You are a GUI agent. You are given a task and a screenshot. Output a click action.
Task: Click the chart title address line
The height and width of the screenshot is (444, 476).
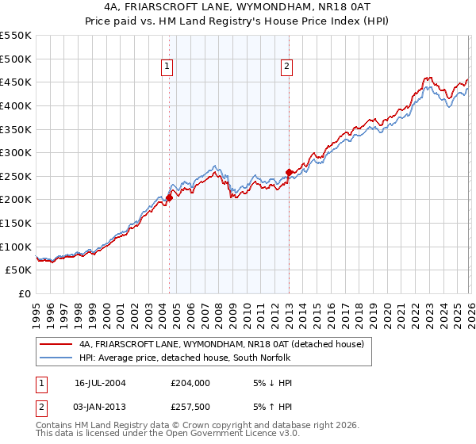point(237,6)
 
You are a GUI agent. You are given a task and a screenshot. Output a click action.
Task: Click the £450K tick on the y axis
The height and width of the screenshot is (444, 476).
point(16,82)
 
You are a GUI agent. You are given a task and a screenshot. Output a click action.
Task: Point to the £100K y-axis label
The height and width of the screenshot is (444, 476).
point(16,247)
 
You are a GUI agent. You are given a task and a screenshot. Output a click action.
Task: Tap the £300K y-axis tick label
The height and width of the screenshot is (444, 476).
point(16,152)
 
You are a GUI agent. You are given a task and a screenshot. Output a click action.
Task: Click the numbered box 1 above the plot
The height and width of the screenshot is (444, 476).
point(168,67)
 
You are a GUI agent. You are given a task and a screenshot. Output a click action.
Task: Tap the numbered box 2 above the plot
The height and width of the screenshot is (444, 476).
point(286,67)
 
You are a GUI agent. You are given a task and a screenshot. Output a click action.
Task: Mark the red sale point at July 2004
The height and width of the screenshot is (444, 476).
point(169,198)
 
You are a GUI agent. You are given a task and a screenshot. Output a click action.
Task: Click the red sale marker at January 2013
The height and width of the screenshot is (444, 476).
point(289,172)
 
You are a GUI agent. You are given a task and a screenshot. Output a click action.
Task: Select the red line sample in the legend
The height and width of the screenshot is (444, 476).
point(56,344)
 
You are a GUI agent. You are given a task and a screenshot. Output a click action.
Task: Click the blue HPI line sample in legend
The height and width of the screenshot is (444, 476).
point(56,358)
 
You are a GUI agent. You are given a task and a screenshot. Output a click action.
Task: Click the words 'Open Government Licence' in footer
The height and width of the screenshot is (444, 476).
point(214,434)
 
